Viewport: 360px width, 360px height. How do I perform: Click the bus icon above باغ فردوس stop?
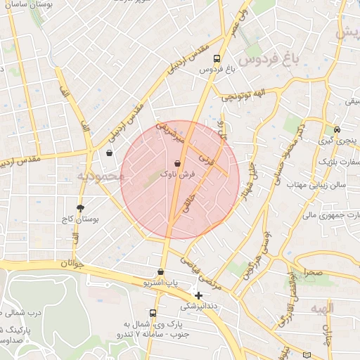pyautogui.click(x=216, y=59)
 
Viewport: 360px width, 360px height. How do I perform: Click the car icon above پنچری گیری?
pyautogui.click(x=337, y=130)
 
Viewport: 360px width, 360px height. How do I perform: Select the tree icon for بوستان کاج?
pyautogui.click(x=80, y=208)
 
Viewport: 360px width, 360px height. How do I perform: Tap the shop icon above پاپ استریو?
pyautogui.click(x=161, y=272)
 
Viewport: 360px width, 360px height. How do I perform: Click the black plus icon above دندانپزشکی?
pyautogui.click(x=199, y=295)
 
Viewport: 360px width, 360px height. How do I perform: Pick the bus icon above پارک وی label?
pyautogui.click(x=153, y=313)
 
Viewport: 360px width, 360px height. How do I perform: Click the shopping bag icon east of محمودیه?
pyautogui.click(x=109, y=153)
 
